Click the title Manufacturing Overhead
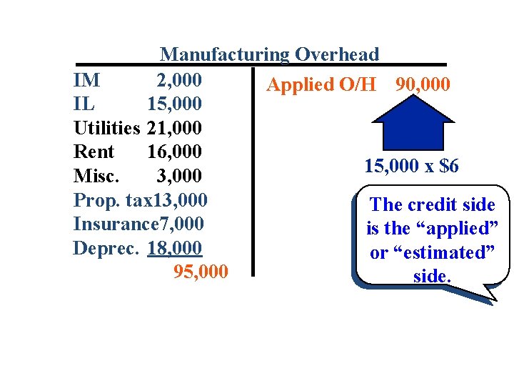[x=270, y=54]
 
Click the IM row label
[x=86, y=79]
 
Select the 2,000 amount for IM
[x=179, y=79]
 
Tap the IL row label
[x=84, y=104]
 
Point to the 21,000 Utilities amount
[x=174, y=128]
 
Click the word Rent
[x=94, y=152]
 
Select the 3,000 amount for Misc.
[x=179, y=177]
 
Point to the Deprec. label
[x=100, y=249]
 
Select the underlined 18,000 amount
[x=176, y=249]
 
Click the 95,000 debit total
[x=201, y=272]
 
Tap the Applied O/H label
[x=321, y=84]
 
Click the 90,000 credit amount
[x=423, y=84]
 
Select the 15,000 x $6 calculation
[x=411, y=167]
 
